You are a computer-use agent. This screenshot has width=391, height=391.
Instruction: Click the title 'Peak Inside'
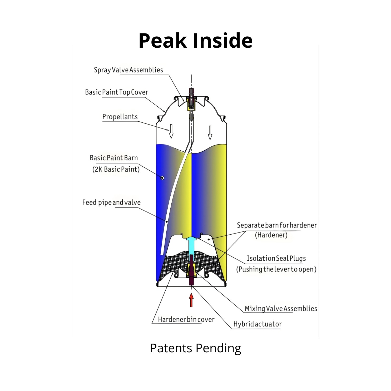[x=195, y=41]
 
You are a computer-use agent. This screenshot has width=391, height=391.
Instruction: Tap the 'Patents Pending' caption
[x=195, y=348]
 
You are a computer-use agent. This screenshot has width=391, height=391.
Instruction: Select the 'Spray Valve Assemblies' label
[x=128, y=70]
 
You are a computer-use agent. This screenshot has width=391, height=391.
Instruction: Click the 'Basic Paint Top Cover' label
[x=116, y=92]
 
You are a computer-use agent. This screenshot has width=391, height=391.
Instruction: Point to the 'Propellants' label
[x=120, y=117]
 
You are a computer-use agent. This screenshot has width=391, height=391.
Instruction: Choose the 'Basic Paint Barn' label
[x=114, y=158]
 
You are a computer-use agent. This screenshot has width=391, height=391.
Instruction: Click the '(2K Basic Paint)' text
[x=116, y=169]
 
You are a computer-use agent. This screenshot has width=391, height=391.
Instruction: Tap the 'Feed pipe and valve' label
[x=111, y=202]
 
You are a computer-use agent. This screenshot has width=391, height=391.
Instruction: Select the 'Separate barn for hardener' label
[x=276, y=225]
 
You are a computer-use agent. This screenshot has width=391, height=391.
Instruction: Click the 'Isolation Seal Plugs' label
[x=276, y=258]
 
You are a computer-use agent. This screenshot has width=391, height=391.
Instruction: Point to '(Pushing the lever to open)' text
[x=276, y=269]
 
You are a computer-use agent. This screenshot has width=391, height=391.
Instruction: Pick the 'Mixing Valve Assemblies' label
[x=281, y=309]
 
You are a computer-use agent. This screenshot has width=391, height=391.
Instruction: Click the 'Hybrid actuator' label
[x=257, y=324]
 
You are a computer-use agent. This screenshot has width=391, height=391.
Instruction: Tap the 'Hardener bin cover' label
[x=186, y=320]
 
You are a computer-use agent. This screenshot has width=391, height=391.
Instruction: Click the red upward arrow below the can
[x=191, y=300]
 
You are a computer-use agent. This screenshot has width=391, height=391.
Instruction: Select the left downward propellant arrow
[x=171, y=131]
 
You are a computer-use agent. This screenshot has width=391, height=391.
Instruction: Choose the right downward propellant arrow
[x=210, y=133]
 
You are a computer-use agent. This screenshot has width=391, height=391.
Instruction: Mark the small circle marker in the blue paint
[x=162, y=178]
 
